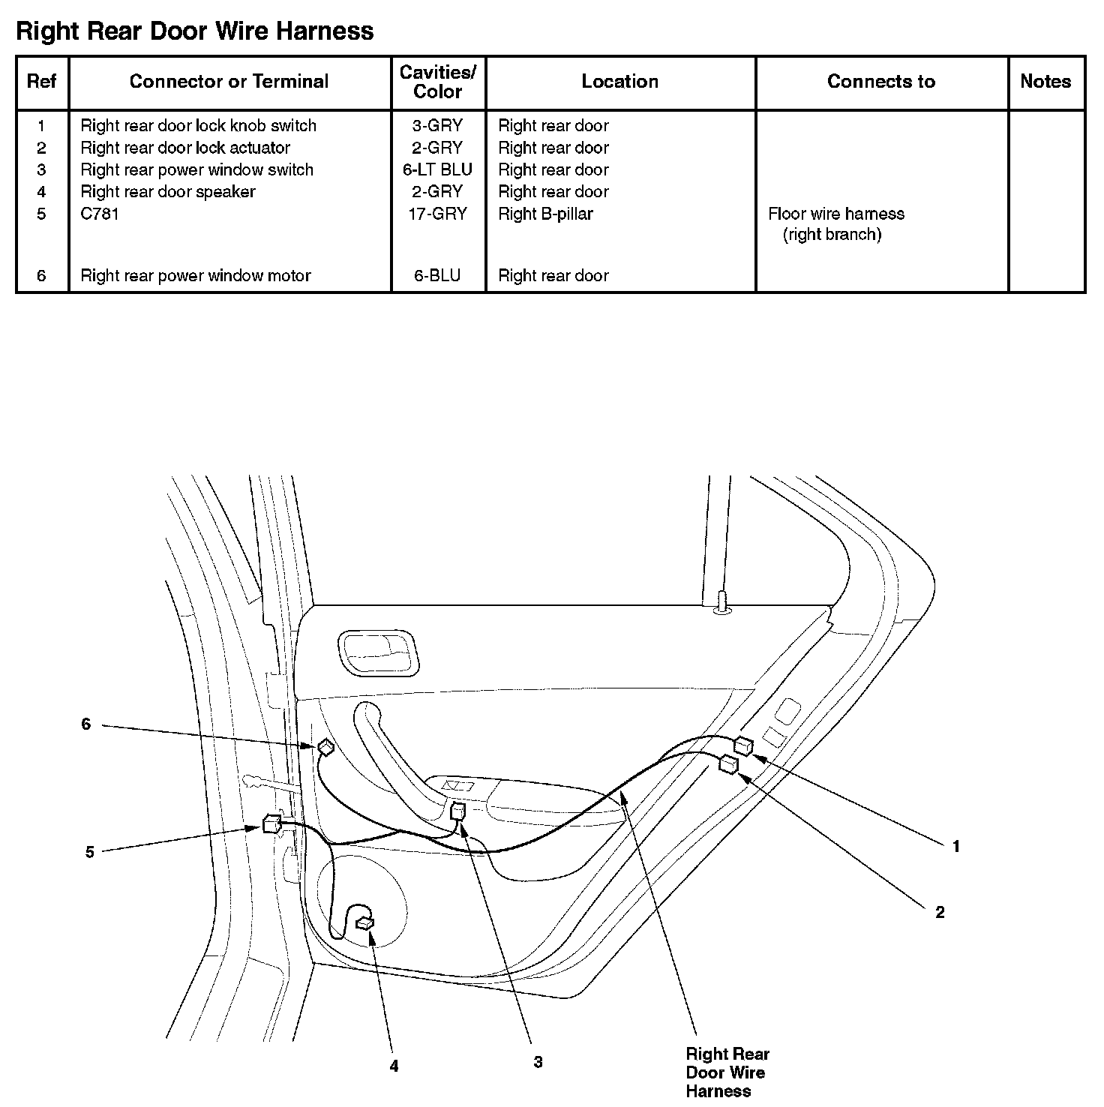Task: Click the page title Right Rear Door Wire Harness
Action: pyautogui.click(x=194, y=31)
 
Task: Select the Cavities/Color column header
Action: pyautogui.click(x=437, y=82)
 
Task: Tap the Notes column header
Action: pyautogui.click(x=1045, y=81)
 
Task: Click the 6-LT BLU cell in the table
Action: pyautogui.click(x=437, y=169)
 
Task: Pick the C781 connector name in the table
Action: pyautogui.click(x=100, y=214)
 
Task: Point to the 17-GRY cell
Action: pyautogui.click(x=439, y=214)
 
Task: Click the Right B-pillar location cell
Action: pyautogui.click(x=545, y=214)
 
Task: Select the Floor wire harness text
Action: pyautogui.click(x=835, y=214)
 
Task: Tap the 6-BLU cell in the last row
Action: pyautogui.click(x=437, y=275)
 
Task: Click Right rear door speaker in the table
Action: pyautogui.click(x=168, y=191)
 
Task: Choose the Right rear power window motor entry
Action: pyautogui.click(x=195, y=275)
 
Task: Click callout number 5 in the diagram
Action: pyautogui.click(x=89, y=852)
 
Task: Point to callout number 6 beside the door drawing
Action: pyautogui.click(x=85, y=724)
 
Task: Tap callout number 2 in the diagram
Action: pyautogui.click(x=940, y=912)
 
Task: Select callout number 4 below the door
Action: pyautogui.click(x=394, y=1066)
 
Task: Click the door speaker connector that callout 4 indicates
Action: pyautogui.click(x=366, y=922)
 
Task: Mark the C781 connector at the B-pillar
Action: pyautogui.click(x=271, y=823)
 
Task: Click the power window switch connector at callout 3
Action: pyautogui.click(x=457, y=811)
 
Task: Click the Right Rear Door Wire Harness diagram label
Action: pyautogui.click(x=726, y=1072)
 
